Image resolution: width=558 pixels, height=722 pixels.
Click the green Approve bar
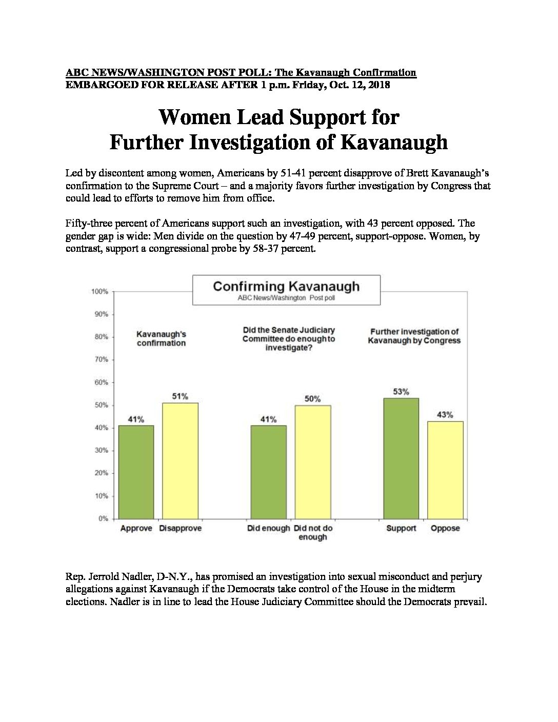(136, 472)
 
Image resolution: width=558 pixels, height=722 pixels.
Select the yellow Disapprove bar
(180, 460)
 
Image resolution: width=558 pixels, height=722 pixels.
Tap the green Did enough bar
(269, 472)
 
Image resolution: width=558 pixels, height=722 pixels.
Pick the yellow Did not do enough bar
(313, 462)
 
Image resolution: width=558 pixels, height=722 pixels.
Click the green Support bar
(401, 458)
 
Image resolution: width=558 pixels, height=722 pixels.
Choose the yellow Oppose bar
(445, 470)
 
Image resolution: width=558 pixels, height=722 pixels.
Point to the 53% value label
(401, 392)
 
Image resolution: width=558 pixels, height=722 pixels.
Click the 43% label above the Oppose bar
(445, 415)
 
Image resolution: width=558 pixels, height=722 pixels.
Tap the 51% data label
(180, 396)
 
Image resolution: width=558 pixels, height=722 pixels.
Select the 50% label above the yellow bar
(313, 399)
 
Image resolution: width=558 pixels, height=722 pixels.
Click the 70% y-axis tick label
(102, 359)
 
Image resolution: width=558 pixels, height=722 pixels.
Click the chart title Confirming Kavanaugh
(286, 286)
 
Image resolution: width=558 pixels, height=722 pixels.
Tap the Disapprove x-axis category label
(181, 528)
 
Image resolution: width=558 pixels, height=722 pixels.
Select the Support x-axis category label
(401, 529)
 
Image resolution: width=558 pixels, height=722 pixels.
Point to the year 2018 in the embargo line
(379, 85)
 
